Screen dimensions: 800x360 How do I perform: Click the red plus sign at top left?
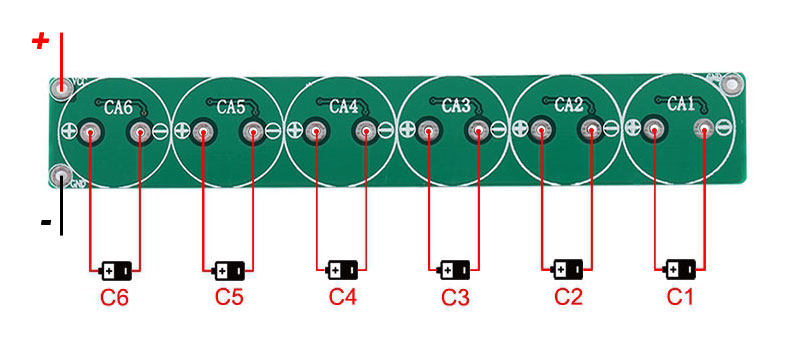pyautogui.click(x=40, y=41)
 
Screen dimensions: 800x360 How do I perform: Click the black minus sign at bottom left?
pyautogui.click(x=46, y=222)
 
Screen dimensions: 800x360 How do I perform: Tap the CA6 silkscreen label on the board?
pyautogui.click(x=119, y=107)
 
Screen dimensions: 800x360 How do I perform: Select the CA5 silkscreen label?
pyautogui.click(x=231, y=107)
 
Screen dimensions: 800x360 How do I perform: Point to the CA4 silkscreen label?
pyautogui.click(x=344, y=106)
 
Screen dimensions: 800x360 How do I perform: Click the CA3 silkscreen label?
pyautogui.click(x=456, y=105)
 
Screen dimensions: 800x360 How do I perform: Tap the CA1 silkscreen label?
pyautogui.click(x=681, y=103)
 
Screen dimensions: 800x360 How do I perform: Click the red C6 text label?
pyautogui.click(x=114, y=298)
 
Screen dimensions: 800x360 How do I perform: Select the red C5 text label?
pyautogui.click(x=229, y=297)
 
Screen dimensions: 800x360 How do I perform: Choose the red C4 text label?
pyautogui.click(x=342, y=297)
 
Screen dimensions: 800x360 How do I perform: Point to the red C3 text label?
pyautogui.click(x=455, y=297)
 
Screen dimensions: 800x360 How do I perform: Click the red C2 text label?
pyautogui.click(x=568, y=297)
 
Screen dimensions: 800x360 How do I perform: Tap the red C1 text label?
pyautogui.click(x=680, y=297)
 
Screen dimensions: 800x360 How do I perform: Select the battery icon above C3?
pyautogui.click(x=456, y=270)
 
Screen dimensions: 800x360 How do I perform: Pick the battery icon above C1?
pyautogui.click(x=681, y=269)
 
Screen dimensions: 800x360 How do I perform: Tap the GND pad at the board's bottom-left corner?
pyautogui.click(x=62, y=178)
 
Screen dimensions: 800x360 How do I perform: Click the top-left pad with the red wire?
pyautogui.click(x=62, y=88)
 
